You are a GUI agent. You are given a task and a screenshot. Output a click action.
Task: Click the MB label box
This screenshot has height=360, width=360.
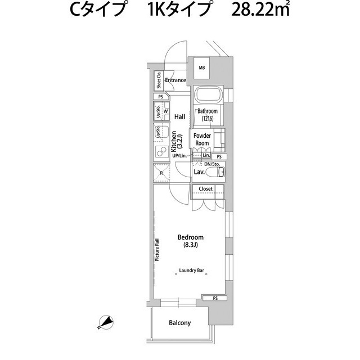[x=202, y=69]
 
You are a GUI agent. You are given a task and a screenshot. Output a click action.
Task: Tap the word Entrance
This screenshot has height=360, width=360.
[x=175, y=80]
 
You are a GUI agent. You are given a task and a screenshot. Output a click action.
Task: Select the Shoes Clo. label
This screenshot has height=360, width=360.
[x=159, y=82]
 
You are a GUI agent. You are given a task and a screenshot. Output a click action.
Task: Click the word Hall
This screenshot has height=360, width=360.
[x=179, y=117]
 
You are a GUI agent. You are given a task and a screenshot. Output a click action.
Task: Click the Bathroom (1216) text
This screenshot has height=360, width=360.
[x=208, y=115]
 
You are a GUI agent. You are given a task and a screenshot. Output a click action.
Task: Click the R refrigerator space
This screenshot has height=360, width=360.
[x=162, y=173]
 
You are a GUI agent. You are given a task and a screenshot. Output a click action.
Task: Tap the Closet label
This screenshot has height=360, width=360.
[x=206, y=189]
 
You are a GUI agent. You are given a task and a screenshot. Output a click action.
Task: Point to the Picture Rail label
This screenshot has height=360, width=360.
[x=158, y=250]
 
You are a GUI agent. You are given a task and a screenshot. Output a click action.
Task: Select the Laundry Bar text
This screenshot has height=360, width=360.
[x=191, y=271]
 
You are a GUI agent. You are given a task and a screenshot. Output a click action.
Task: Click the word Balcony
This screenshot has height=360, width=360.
[x=180, y=323]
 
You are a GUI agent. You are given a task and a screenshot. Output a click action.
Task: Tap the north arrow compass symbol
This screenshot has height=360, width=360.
[x=105, y=322]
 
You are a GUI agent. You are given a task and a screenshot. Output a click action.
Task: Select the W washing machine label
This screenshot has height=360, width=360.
[x=166, y=111]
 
